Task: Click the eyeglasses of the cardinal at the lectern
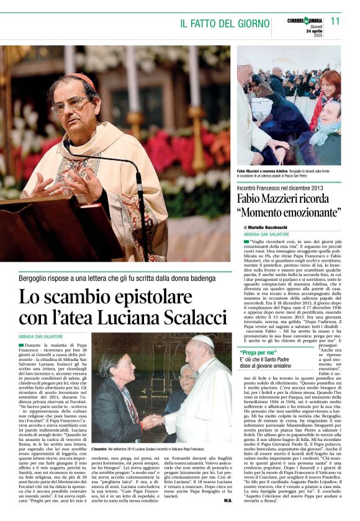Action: (73, 104)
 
